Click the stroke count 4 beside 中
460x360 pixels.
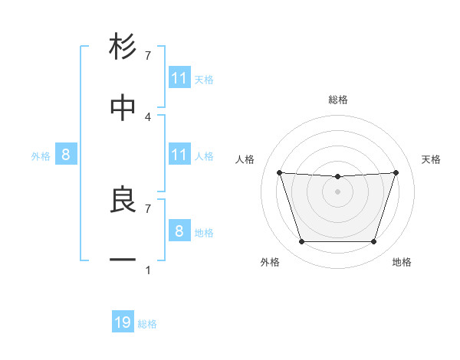148,116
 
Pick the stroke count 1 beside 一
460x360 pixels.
148,270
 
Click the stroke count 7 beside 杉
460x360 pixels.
148,55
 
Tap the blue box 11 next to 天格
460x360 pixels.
179,78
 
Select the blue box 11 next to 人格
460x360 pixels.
179,155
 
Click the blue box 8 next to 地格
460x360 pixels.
179,231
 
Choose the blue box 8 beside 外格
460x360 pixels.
66,155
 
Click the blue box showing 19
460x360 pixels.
123,322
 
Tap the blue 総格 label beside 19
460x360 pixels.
147,324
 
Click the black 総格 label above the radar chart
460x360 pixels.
338,100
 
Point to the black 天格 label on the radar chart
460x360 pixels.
432,159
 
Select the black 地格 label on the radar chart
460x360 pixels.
402,262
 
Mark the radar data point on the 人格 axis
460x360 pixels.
279,172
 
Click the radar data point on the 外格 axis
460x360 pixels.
301,242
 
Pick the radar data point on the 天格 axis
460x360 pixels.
396,172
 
